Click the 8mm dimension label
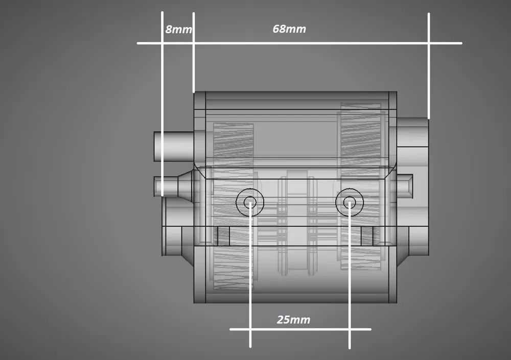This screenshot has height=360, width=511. [178, 30]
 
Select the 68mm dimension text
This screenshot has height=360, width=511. [289, 29]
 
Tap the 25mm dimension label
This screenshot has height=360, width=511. [293, 320]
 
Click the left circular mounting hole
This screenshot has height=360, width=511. [250, 202]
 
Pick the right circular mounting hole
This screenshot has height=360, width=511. [349, 202]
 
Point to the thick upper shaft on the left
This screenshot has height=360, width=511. [173, 147]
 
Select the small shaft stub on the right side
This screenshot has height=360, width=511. [405, 185]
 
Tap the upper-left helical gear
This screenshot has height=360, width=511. [233, 146]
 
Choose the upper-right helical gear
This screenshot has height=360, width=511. [361, 135]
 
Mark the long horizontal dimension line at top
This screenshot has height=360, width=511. [307, 43]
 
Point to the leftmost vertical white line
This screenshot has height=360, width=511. [162, 102]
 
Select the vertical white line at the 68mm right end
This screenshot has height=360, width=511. [428, 66]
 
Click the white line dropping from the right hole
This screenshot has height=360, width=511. [349, 286]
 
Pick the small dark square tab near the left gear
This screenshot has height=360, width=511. [221, 235]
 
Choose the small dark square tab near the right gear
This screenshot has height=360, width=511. [367, 235]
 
